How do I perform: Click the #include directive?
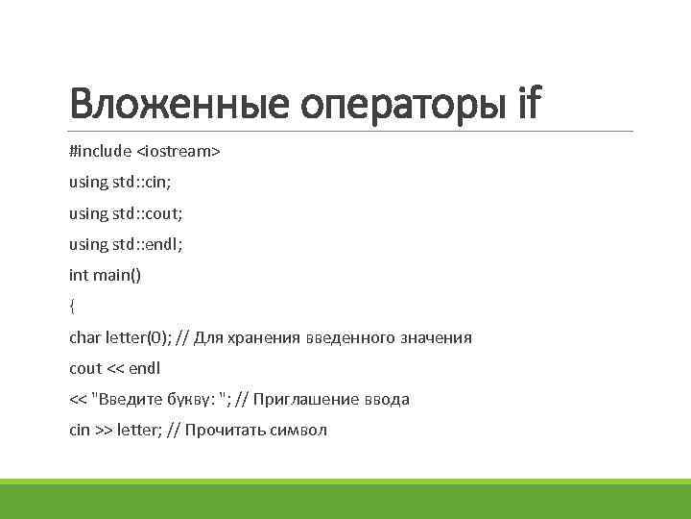[100, 152]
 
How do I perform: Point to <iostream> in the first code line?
[179, 152]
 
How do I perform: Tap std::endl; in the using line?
[141, 244]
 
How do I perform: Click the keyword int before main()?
[78, 275]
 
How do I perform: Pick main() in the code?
[116, 275]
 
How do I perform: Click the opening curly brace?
[72, 306]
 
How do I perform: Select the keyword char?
[84, 337]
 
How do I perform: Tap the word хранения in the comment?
[266, 337]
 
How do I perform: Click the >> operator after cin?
[103, 430]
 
